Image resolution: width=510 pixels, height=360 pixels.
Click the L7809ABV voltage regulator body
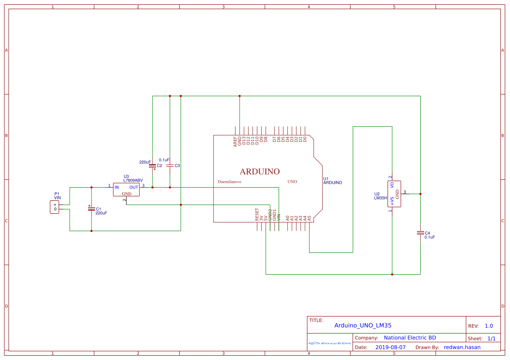click(126, 189)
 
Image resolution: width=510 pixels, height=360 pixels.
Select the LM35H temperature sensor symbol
click(394, 194)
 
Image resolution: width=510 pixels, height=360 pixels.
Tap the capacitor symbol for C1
click(91, 209)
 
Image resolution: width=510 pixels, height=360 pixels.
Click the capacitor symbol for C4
click(420, 233)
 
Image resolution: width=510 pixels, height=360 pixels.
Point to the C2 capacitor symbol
click(152, 166)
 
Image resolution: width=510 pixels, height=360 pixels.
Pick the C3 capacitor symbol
click(170, 166)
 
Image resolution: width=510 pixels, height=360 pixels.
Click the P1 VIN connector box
click(55, 207)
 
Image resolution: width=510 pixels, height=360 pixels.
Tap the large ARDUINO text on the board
click(260, 172)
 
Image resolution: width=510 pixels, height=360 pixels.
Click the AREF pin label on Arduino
click(235, 141)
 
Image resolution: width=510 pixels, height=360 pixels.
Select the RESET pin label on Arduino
click(257, 215)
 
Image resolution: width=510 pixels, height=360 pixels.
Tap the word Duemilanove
click(230, 182)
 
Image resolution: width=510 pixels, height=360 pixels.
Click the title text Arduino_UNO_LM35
click(363, 325)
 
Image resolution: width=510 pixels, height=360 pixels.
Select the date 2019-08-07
click(390, 347)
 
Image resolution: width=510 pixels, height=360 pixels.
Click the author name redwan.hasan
click(462, 347)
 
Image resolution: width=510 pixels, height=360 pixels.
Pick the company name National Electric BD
click(410, 338)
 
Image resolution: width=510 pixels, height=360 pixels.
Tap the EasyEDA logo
click(330, 343)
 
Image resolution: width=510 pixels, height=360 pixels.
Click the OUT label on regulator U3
click(134, 187)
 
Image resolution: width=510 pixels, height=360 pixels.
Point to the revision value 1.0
click(489, 326)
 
